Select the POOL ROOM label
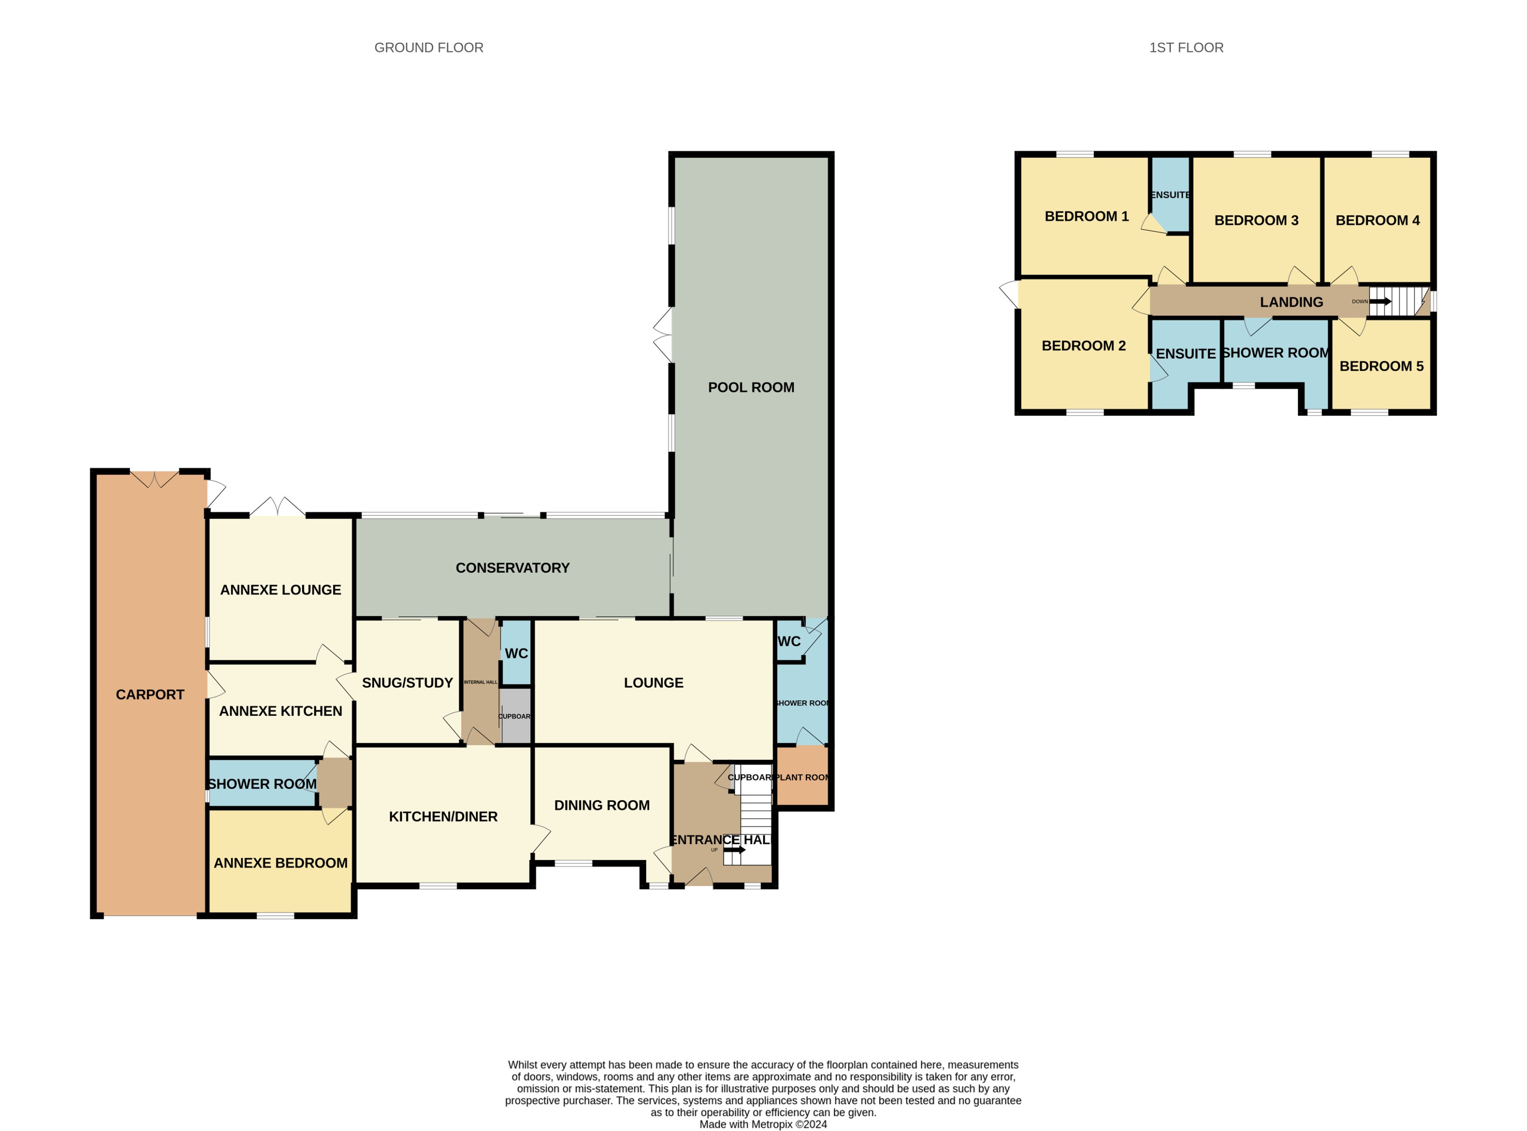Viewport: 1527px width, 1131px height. (x=751, y=387)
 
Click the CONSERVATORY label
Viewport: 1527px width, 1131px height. (x=512, y=568)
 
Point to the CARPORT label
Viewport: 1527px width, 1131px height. (x=150, y=695)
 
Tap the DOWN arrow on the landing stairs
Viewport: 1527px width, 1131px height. (x=1380, y=301)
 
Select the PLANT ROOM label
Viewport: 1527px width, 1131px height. (x=802, y=777)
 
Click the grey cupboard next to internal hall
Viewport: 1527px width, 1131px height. (x=515, y=716)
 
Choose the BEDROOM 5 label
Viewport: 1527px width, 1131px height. (x=1381, y=366)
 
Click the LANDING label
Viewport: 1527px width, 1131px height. (x=1291, y=302)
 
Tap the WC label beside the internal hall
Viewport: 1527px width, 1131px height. (x=516, y=653)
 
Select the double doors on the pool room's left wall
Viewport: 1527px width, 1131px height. (x=663, y=335)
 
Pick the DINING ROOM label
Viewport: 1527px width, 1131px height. (x=602, y=805)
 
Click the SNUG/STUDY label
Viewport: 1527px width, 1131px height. (x=407, y=683)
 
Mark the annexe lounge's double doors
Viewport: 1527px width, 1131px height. (x=277, y=507)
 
